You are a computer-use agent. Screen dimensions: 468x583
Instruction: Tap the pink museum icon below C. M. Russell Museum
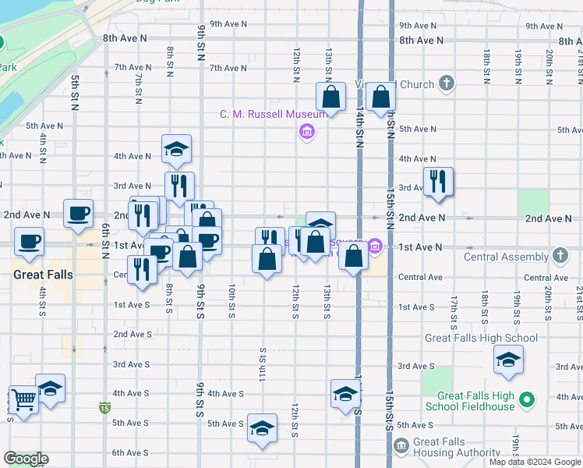click(306, 131)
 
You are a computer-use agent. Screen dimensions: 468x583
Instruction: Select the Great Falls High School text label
click(481, 338)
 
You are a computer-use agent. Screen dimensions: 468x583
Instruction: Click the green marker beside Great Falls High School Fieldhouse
click(527, 400)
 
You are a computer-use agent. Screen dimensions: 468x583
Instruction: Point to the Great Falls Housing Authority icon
click(401, 446)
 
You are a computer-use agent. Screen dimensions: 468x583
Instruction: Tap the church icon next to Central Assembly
click(560, 256)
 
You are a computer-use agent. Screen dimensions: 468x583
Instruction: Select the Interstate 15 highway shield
click(104, 407)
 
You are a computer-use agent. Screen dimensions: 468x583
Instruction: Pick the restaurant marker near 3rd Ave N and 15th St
click(437, 182)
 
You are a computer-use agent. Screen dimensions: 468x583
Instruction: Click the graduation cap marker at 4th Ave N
click(177, 149)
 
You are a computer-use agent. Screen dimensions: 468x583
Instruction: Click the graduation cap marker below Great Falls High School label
click(507, 360)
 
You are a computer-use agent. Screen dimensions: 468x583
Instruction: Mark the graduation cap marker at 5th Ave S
click(262, 427)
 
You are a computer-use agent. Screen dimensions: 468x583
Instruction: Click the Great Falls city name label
click(43, 275)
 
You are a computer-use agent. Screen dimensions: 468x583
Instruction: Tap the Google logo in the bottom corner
click(26, 459)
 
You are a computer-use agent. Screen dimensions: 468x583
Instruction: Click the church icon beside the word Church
click(446, 83)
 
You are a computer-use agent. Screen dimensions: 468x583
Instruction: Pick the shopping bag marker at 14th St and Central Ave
click(353, 256)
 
